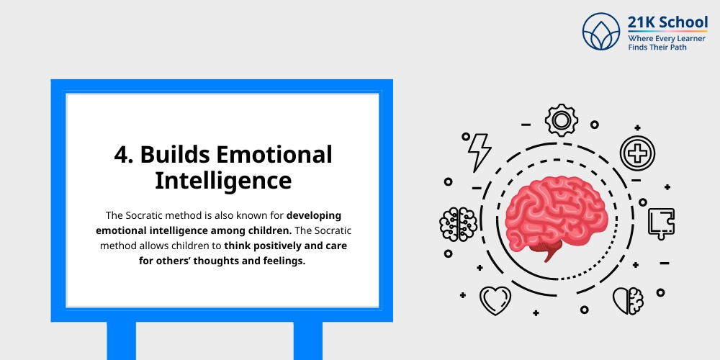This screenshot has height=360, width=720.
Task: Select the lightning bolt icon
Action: click(479, 150)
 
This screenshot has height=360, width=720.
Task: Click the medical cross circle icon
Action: click(637, 153)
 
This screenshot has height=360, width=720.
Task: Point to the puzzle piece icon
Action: click(660, 223)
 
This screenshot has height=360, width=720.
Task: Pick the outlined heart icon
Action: click(495, 299)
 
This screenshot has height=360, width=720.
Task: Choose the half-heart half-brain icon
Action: click(628, 299)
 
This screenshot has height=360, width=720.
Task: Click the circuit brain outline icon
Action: click(459, 223)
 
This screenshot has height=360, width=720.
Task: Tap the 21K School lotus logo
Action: click(602, 32)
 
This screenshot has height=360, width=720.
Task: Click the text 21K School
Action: click(667, 22)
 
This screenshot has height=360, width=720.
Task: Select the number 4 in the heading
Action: click(121, 155)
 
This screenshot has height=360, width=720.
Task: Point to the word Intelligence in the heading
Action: click(223, 180)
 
